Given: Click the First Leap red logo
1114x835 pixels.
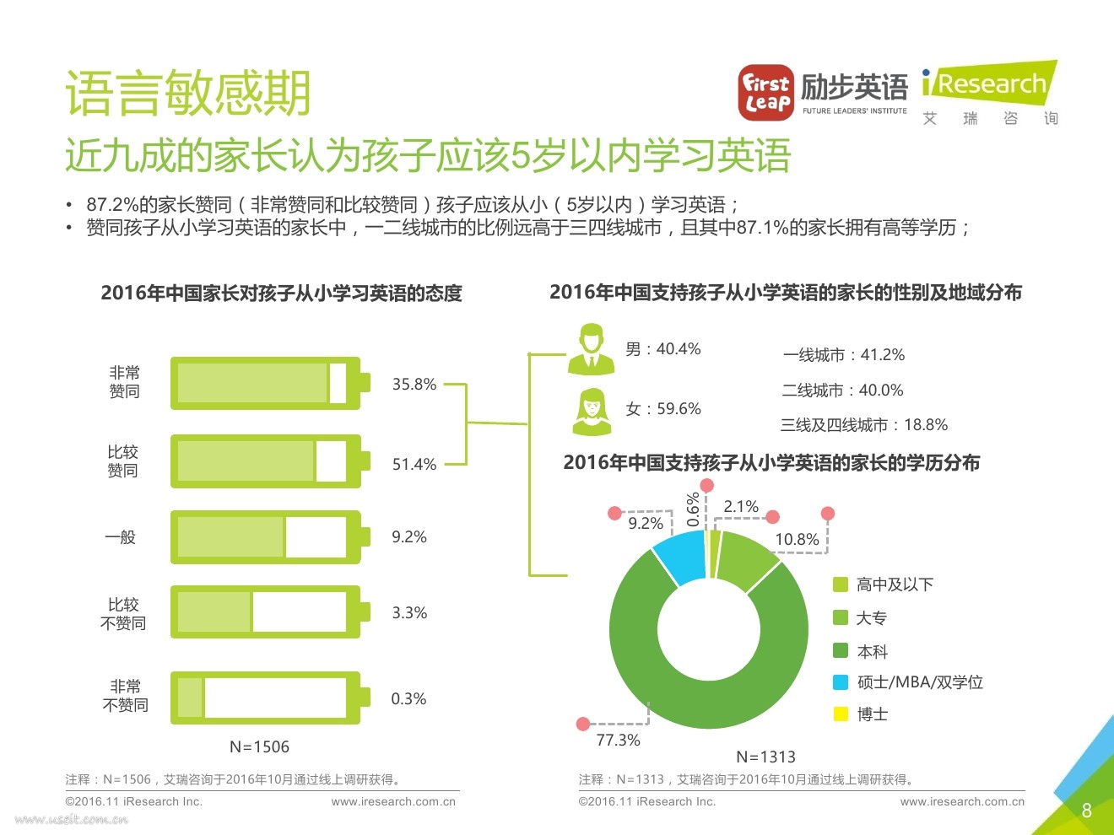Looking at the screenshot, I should [x=765, y=93].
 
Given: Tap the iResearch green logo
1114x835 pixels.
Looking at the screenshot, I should [x=989, y=83].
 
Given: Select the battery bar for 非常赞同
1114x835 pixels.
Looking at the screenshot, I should [x=269, y=384].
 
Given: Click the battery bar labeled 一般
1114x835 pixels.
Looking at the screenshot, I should [x=269, y=537].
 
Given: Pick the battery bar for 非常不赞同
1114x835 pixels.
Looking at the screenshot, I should [x=269, y=698].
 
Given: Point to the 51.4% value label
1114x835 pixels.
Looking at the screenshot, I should [x=414, y=465].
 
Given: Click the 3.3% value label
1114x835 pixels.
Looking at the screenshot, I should [x=409, y=613].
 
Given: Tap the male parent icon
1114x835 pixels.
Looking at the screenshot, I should [x=591, y=349].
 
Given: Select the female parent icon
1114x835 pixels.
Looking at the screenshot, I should [x=592, y=412].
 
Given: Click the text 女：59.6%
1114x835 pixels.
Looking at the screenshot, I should [x=663, y=409].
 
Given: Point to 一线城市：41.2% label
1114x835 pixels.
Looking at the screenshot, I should [x=843, y=355].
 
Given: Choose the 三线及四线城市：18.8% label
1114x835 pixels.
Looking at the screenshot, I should [x=863, y=425].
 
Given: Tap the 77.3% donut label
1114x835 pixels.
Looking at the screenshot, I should [x=618, y=741].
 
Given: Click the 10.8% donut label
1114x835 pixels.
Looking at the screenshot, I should [x=797, y=540].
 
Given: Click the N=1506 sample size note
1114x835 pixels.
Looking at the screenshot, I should [x=259, y=747].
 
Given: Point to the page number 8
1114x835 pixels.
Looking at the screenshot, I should [x=1086, y=811].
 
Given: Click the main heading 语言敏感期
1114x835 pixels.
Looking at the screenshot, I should [x=188, y=93].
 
